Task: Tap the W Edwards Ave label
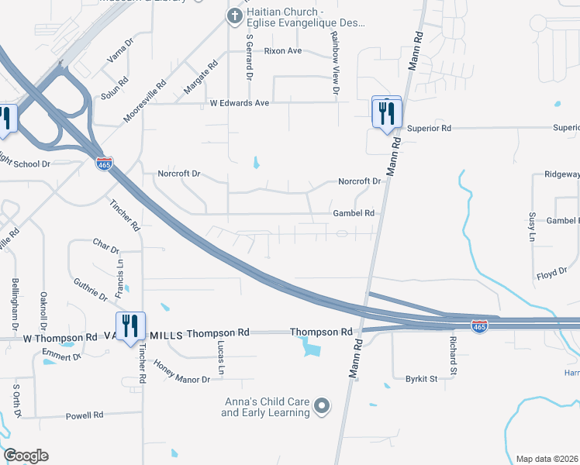coord(239,102)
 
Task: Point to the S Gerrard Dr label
coord(250,56)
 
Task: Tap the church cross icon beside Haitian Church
coord(234,15)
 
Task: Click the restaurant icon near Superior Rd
coord(386,113)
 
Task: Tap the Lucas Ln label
coord(221,357)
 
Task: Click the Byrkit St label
coord(422,379)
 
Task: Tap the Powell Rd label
coord(85,415)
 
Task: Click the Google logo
coord(26,456)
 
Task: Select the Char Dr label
coord(105,246)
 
